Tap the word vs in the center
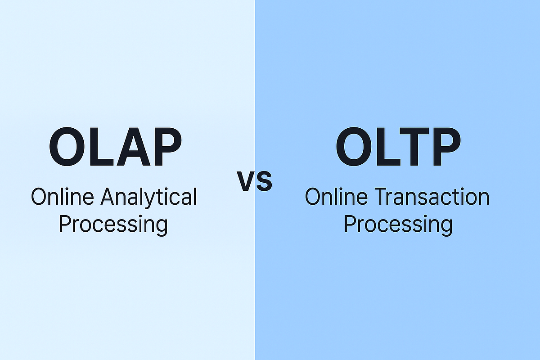coord(255,181)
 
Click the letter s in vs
coord(264,181)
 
